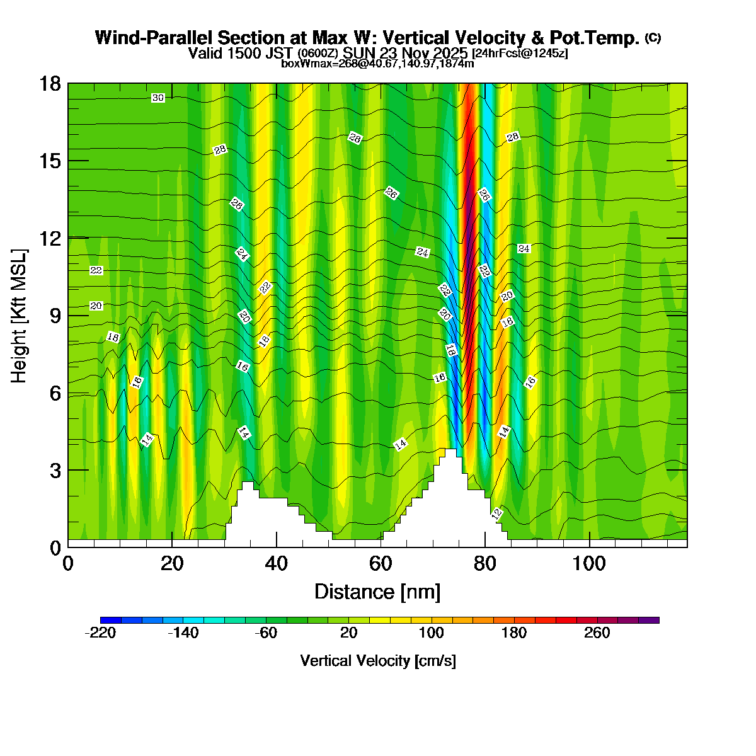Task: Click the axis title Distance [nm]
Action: pyautogui.click(x=377, y=592)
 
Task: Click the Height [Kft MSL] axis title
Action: pyautogui.click(x=20, y=315)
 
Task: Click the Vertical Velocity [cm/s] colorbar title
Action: pyautogui.click(x=378, y=661)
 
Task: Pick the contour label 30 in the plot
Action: pyautogui.click(x=158, y=98)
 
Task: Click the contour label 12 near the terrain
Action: pyautogui.click(x=496, y=513)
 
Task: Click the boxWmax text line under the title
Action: pyautogui.click(x=377, y=64)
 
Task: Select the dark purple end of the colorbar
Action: pyautogui.click(x=649, y=620)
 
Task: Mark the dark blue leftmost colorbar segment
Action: pyautogui.click(x=110, y=620)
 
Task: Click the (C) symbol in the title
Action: pyautogui.click(x=653, y=37)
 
